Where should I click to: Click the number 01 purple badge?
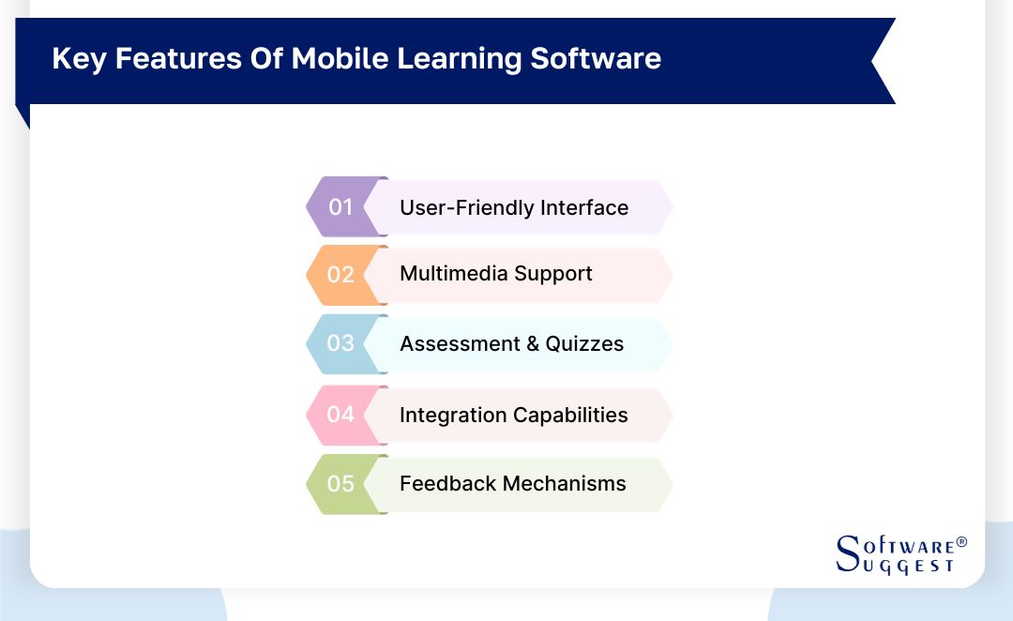point(340,206)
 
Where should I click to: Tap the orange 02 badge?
point(340,275)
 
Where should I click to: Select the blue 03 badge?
point(340,343)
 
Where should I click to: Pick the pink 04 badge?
point(340,415)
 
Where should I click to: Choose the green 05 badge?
point(340,484)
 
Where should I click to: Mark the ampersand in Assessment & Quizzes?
point(533,344)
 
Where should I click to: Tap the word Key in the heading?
point(73,58)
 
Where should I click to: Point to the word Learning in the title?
point(460,58)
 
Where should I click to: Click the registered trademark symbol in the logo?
point(961,543)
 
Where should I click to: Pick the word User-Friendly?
point(454,207)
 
